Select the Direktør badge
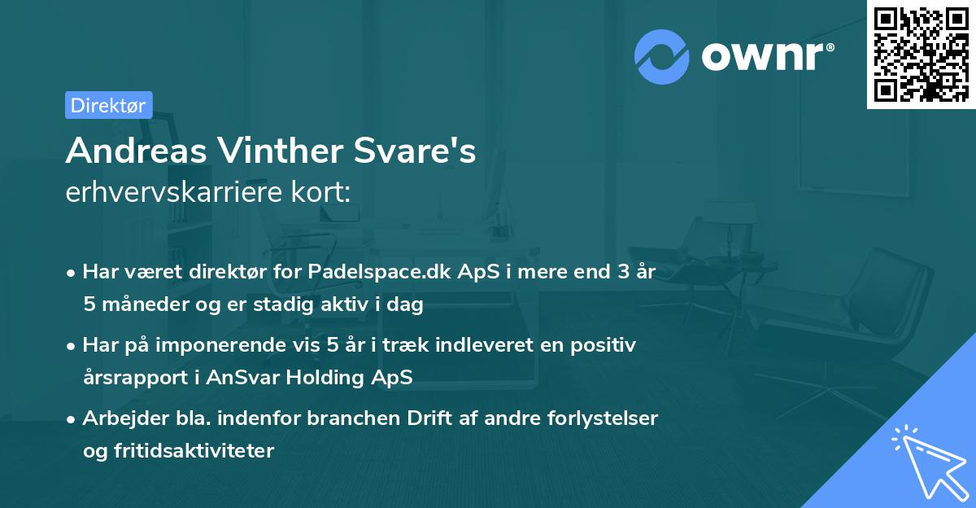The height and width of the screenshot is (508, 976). click(108, 105)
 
